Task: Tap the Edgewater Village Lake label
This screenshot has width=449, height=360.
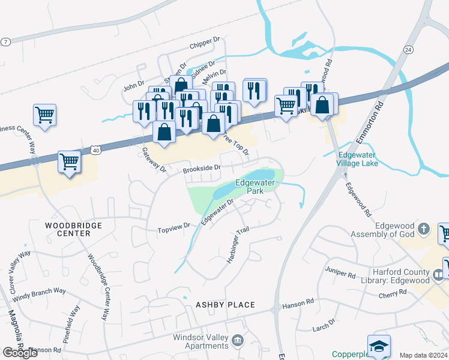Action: click(357, 158)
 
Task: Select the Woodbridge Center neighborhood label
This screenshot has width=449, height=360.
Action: click(73, 229)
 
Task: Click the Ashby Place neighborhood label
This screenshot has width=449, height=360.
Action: click(225, 305)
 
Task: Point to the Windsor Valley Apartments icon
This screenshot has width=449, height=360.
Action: click(238, 341)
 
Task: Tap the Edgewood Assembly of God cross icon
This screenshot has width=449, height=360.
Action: click(424, 229)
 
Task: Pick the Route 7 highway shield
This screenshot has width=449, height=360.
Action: click(5, 41)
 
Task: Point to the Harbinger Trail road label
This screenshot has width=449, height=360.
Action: click(237, 246)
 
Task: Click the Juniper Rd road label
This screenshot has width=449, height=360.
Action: click(340, 272)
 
